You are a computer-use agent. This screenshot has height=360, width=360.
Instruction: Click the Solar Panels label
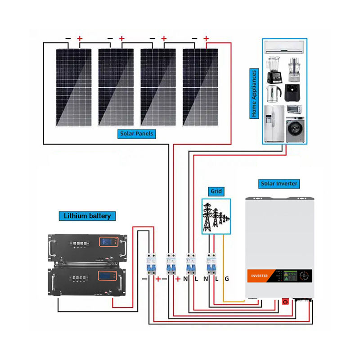[137, 134]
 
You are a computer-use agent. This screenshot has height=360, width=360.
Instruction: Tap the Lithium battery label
[87, 216]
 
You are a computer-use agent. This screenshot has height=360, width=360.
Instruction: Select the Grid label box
[216, 191]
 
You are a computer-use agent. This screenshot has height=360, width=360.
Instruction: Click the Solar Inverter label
[279, 184]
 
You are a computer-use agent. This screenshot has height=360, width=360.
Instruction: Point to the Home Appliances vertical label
[254, 94]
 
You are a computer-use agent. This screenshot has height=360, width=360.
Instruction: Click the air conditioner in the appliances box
[284, 47]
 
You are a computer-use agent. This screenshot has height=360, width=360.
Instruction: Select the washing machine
[295, 130]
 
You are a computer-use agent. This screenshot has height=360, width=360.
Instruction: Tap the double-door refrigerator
[274, 124]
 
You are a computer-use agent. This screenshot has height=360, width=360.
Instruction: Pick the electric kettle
[274, 94]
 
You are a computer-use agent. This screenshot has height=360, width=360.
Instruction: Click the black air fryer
[292, 93]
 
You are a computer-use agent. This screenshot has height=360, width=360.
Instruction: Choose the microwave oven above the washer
[294, 109]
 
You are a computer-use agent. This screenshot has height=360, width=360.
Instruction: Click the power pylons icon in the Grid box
[216, 217]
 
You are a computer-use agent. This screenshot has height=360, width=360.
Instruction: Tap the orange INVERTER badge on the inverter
[259, 276]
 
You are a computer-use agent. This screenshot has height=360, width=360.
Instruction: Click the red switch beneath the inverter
[285, 301]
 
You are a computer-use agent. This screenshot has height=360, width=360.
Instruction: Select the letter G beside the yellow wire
[227, 279]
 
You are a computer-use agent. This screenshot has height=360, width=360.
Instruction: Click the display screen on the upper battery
[108, 242]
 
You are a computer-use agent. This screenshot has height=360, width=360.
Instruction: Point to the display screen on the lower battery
[107, 275]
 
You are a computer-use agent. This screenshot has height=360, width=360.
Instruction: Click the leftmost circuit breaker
[151, 264]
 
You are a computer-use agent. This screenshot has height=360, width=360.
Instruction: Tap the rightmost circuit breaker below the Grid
[211, 264]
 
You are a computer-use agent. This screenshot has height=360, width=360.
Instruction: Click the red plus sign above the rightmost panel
[206, 38]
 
